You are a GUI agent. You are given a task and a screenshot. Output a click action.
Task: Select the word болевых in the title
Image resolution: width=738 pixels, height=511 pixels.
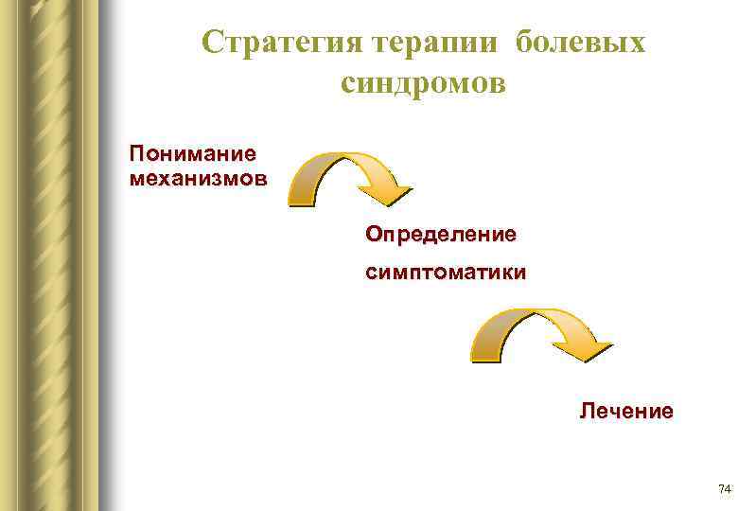(584, 43)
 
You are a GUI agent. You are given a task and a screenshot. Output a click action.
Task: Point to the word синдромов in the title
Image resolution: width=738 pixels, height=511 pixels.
(423, 84)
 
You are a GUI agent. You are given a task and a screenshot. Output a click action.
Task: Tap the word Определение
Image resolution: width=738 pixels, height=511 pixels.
(441, 232)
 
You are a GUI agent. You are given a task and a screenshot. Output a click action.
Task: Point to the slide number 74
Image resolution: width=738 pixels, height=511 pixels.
(725, 489)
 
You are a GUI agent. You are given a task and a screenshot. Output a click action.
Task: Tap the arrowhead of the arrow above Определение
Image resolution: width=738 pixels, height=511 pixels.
(387, 195)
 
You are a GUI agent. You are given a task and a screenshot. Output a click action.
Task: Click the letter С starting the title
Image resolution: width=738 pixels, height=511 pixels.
(213, 43)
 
